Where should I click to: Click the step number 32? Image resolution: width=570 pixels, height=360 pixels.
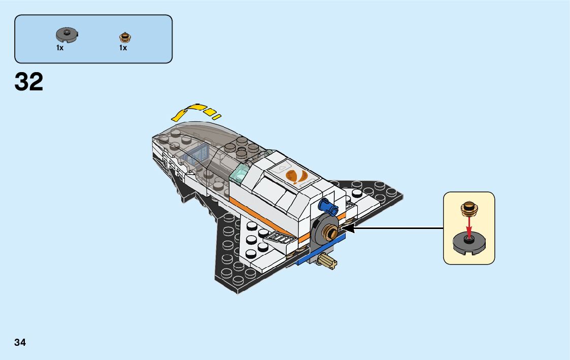[x=29, y=82]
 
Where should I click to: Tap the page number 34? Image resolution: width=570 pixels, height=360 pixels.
[x=20, y=342]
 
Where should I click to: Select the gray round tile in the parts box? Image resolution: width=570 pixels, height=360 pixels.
[x=63, y=35]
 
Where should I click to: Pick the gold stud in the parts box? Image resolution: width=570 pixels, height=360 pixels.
[x=124, y=37]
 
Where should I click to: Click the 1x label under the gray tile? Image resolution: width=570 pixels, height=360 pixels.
[x=60, y=48]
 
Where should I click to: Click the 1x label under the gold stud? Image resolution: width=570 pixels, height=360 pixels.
[x=123, y=48]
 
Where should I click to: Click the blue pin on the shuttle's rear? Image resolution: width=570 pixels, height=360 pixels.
[x=327, y=206]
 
